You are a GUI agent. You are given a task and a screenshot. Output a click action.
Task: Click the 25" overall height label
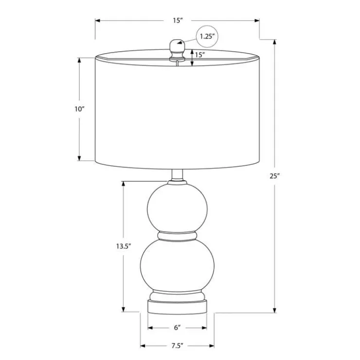[x=274, y=176]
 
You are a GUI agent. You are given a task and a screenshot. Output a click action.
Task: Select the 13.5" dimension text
[x=124, y=246]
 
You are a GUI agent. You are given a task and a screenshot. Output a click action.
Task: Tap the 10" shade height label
[x=79, y=109]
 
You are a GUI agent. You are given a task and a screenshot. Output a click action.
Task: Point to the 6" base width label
[x=177, y=327]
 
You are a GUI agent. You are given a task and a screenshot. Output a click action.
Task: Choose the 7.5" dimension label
[x=177, y=346]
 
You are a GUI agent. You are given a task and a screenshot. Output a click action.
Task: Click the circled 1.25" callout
[x=207, y=36]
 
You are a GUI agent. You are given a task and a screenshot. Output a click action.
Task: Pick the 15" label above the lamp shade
[x=178, y=20]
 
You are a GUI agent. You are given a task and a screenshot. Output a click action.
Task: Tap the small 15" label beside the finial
[x=200, y=55]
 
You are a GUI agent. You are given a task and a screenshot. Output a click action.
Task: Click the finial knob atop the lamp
[x=177, y=51]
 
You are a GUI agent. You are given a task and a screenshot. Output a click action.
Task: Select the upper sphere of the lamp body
[x=177, y=207]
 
